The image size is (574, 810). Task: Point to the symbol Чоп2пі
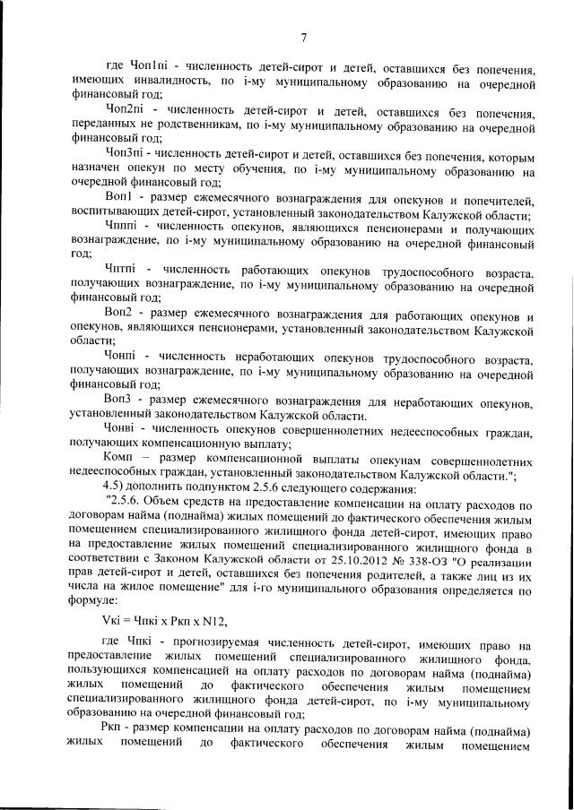(x=126, y=109)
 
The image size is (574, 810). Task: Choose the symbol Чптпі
(x=122, y=270)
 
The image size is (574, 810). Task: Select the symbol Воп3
(x=118, y=398)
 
